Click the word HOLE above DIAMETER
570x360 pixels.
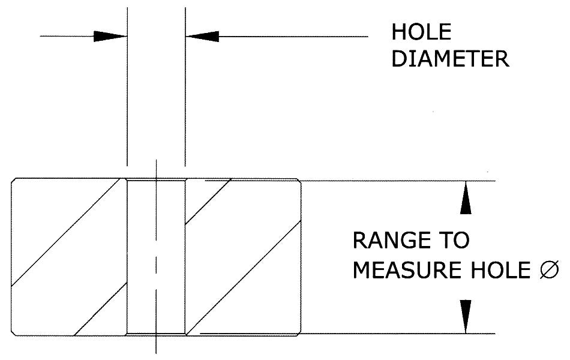421,32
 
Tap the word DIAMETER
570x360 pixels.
450,58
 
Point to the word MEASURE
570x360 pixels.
404,270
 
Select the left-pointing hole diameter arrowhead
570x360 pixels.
202,36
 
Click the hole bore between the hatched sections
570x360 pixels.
142,258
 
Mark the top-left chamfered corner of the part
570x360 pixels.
14,181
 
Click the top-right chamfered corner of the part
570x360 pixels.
298,181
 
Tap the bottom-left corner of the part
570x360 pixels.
14,333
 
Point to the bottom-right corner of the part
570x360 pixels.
298,333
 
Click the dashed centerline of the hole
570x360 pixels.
156,258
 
